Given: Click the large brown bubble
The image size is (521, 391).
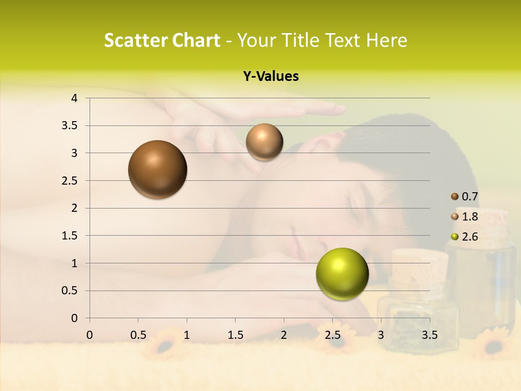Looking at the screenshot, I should [x=157, y=169].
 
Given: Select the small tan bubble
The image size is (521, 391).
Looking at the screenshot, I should [x=264, y=142].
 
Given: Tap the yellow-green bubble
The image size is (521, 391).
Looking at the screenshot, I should [x=342, y=274].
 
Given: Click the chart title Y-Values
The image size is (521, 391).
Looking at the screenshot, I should [x=270, y=77].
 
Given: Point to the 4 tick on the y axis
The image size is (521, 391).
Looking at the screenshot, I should [x=74, y=98].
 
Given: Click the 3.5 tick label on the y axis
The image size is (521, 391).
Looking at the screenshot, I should [x=71, y=126].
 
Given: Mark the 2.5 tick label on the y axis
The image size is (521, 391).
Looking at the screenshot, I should [x=71, y=181].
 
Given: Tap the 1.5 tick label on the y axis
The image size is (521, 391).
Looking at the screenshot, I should [x=71, y=236].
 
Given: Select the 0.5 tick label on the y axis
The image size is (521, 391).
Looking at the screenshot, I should [x=71, y=291].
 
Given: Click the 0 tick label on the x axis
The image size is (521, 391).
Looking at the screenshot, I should [x=90, y=335].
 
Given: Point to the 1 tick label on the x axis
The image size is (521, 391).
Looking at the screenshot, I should [x=187, y=335].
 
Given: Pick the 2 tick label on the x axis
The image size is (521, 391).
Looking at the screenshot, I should [x=284, y=335].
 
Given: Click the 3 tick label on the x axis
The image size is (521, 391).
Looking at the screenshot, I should [x=381, y=335].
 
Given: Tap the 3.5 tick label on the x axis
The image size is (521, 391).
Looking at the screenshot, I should [x=430, y=335].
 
